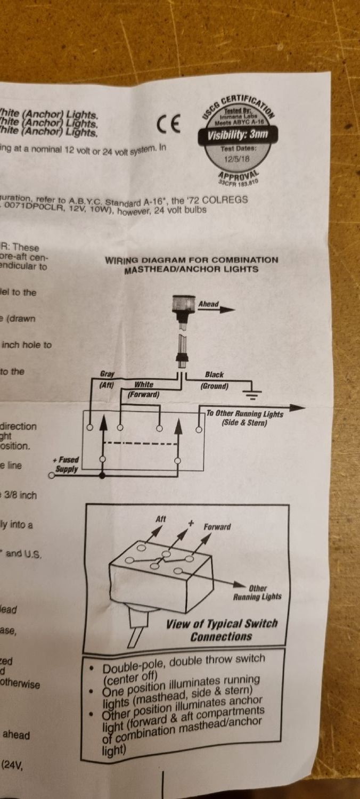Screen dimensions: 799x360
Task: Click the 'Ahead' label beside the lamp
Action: (208, 304)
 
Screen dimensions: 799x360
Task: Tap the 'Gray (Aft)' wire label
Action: (107, 379)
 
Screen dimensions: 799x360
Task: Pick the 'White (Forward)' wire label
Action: (144, 389)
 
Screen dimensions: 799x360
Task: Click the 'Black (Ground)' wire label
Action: (214, 380)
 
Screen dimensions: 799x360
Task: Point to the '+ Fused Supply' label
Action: (67, 464)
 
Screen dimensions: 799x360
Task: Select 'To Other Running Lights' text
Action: (244, 414)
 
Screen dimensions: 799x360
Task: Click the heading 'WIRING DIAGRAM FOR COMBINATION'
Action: (191, 260)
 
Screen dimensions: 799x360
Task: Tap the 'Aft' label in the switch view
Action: (161, 518)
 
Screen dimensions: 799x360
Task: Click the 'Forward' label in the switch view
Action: (217, 526)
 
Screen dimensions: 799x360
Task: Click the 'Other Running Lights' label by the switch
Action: (257, 592)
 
